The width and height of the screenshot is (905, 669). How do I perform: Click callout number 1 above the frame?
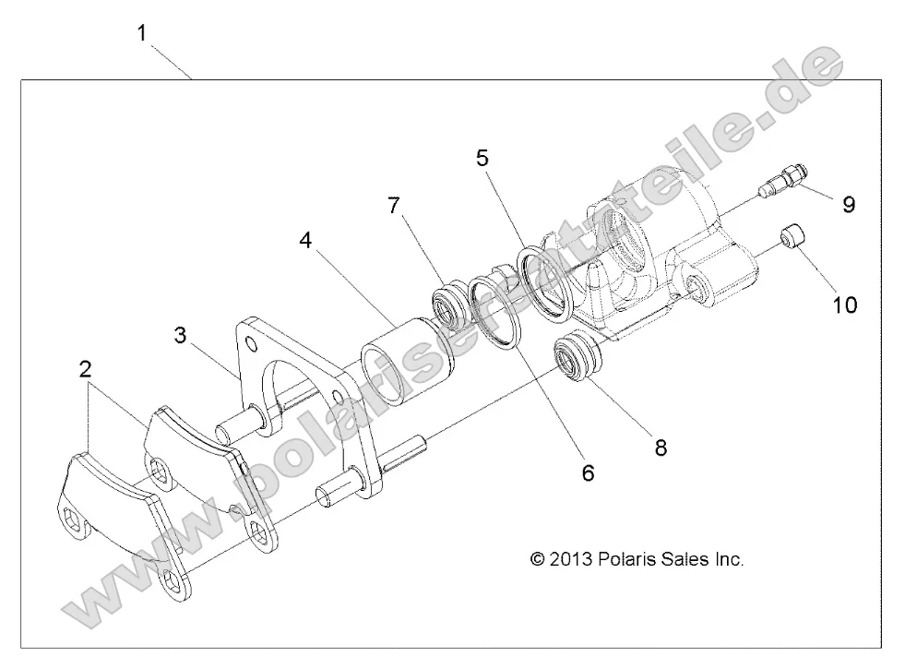point(141,34)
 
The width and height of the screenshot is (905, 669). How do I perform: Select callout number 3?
point(181,334)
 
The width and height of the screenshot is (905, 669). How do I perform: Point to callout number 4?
point(304,242)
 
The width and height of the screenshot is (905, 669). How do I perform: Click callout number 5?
point(482,158)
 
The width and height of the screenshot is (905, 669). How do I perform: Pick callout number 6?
point(588,472)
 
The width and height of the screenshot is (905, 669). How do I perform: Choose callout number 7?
point(394,205)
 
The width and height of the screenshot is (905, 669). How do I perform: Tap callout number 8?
point(661,448)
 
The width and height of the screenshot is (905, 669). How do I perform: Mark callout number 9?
point(848,203)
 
